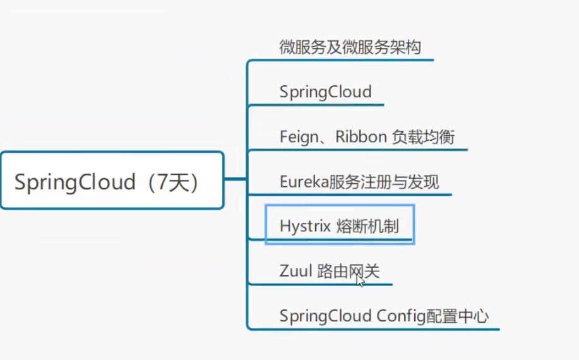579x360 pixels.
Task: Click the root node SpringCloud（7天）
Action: (x=111, y=181)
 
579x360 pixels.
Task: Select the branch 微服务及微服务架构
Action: (x=350, y=47)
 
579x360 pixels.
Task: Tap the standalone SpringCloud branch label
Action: (x=325, y=92)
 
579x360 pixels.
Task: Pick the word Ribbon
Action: (x=361, y=137)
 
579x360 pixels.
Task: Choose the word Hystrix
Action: (x=306, y=226)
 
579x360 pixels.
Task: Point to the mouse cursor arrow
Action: (x=360, y=280)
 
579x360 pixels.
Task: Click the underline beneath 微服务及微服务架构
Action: (x=341, y=60)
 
